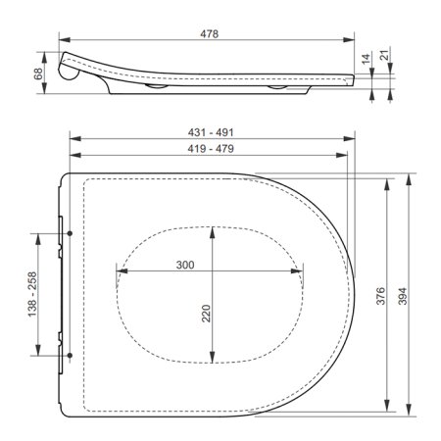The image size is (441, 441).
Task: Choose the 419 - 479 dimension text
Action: click(x=210, y=149)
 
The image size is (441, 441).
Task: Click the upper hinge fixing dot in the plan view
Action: click(x=73, y=234)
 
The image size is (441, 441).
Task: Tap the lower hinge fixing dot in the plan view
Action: click(x=73, y=352)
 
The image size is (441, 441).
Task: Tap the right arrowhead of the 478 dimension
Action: click(x=350, y=41)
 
